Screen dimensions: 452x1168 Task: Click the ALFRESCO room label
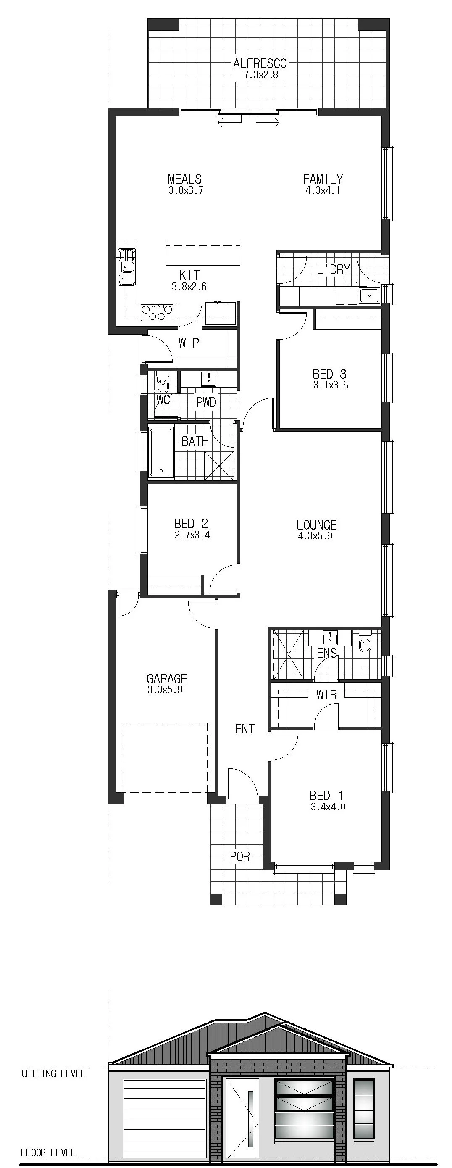point(260,63)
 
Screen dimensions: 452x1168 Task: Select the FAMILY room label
point(323,179)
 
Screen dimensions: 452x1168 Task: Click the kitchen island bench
point(202,252)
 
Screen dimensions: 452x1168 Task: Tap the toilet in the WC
point(162,385)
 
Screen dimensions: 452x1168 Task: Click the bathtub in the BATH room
point(161,453)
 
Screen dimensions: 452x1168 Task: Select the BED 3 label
point(330,374)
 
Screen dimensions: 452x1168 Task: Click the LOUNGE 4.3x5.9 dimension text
point(316,536)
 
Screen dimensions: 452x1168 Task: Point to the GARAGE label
point(167,679)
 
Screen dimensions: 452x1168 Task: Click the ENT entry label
point(245,729)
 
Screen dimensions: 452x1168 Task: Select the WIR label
point(326,695)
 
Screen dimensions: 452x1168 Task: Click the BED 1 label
point(326,795)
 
